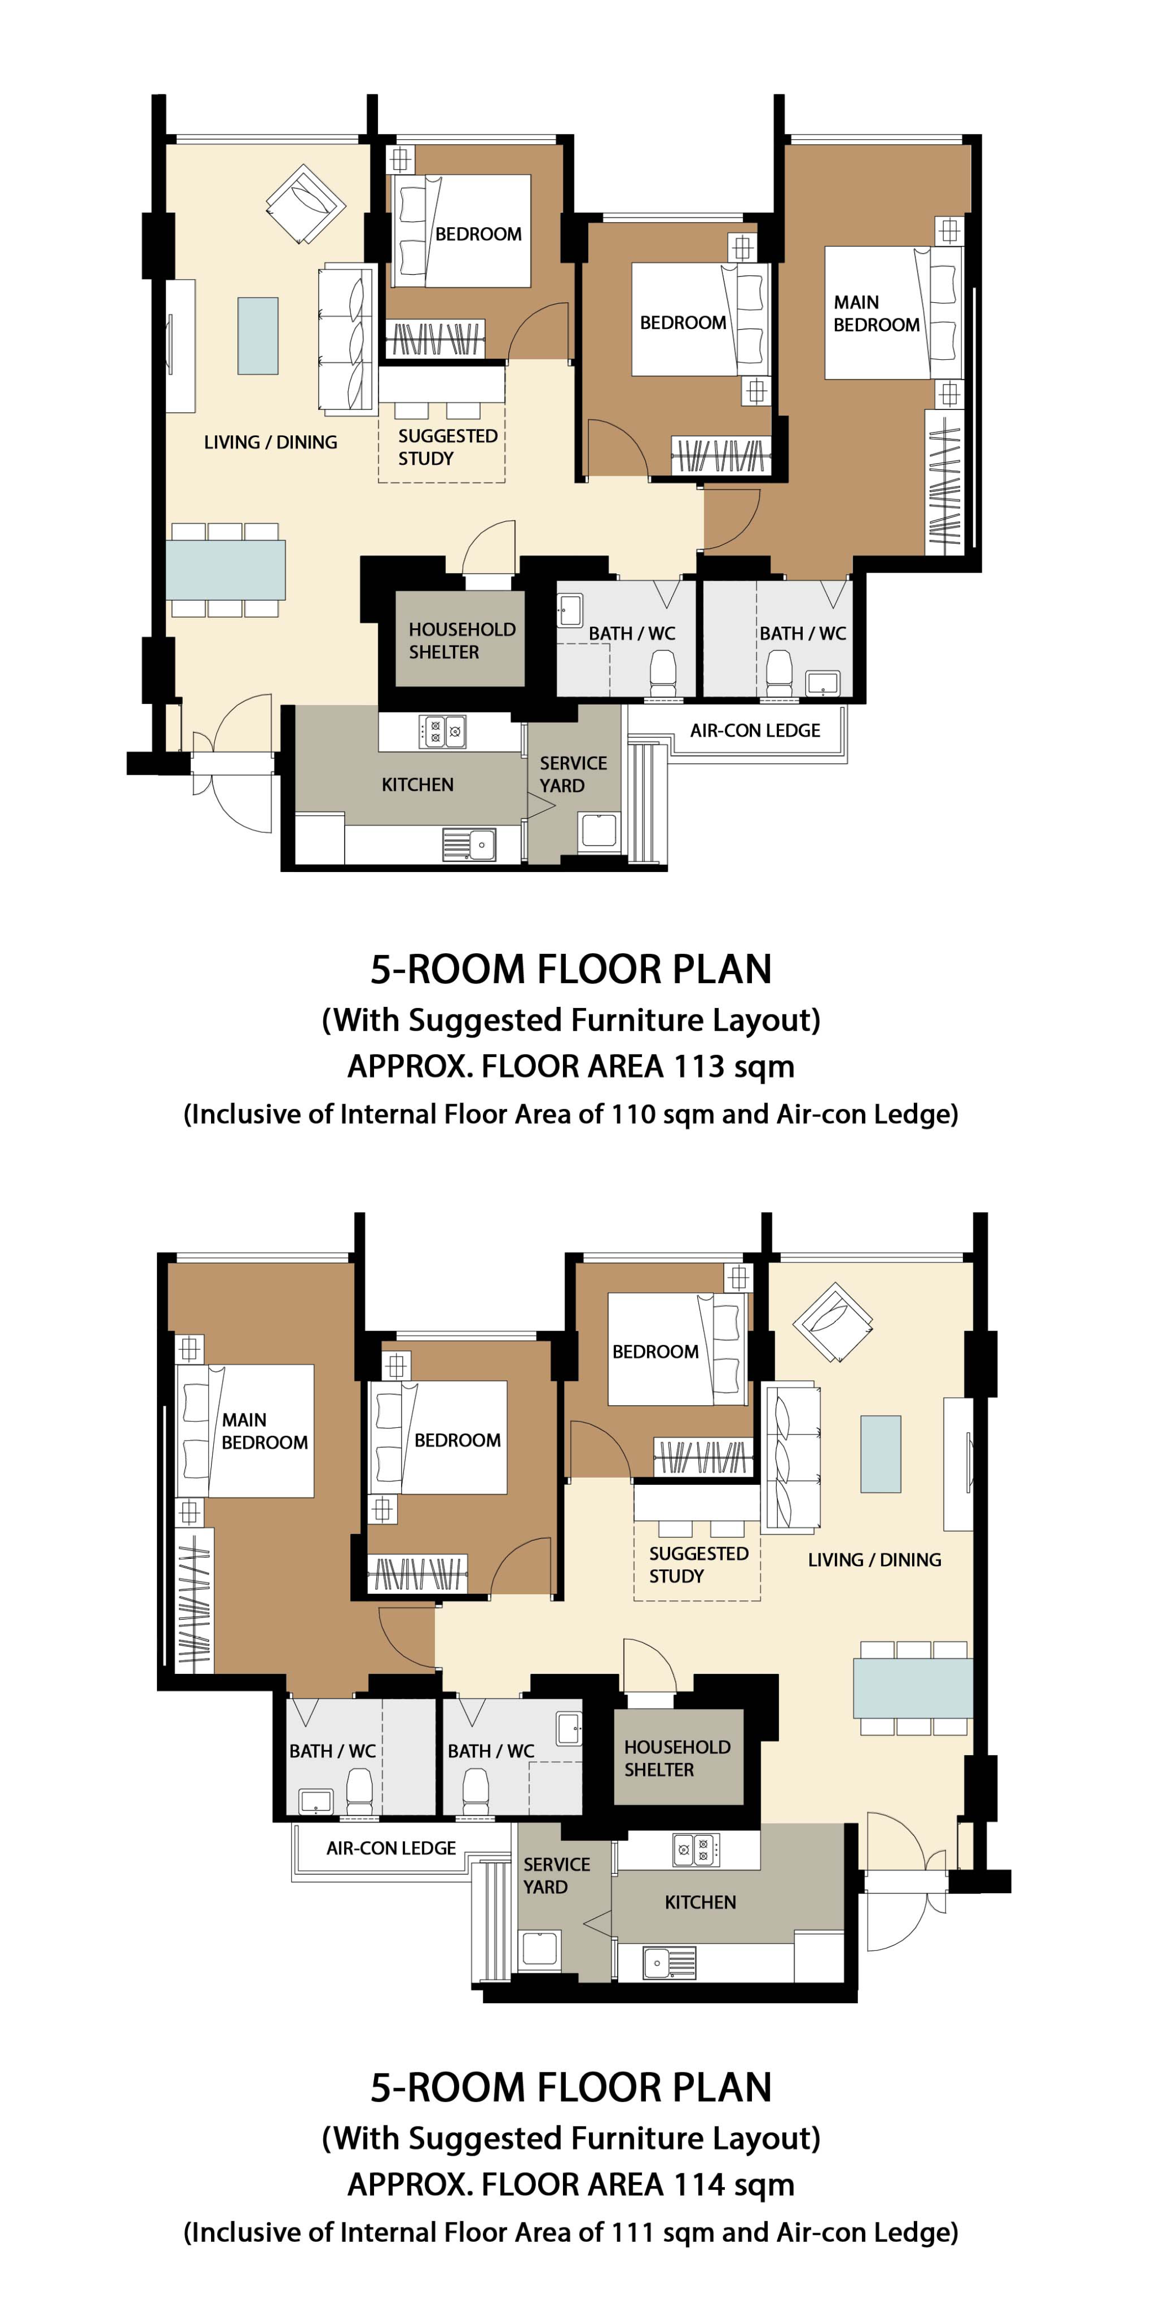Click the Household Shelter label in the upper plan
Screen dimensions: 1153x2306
pyautogui.click(x=462, y=640)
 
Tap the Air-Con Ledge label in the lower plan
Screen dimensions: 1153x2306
pyautogui.click(x=391, y=1848)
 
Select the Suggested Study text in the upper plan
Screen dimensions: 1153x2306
pyautogui.click(x=447, y=447)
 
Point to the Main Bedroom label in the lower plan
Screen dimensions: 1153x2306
pyautogui.click(x=264, y=1431)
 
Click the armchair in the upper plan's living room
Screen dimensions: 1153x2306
pyautogui.click(x=306, y=203)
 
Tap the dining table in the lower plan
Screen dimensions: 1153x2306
pyautogui.click(x=912, y=1688)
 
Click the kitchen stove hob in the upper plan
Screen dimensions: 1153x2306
pyautogui.click(x=442, y=732)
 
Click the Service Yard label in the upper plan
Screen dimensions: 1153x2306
pyautogui.click(x=573, y=774)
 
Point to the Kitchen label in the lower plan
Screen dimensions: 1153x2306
pyautogui.click(x=700, y=1901)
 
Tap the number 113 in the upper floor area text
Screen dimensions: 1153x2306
pyautogui.click(x=698, y=1066)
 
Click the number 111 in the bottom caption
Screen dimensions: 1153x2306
pyautogui.click(x=635, y=2232)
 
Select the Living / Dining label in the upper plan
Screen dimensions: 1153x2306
pyautogui.click(x=270, y=442)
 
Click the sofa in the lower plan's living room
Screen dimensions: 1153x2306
pyautogui.click(x=791, y=1454)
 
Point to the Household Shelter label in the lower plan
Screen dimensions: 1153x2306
pyautogui.click(x=677, y=1758)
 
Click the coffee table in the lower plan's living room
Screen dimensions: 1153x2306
pyautogui.click(x=880, y=1454)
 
